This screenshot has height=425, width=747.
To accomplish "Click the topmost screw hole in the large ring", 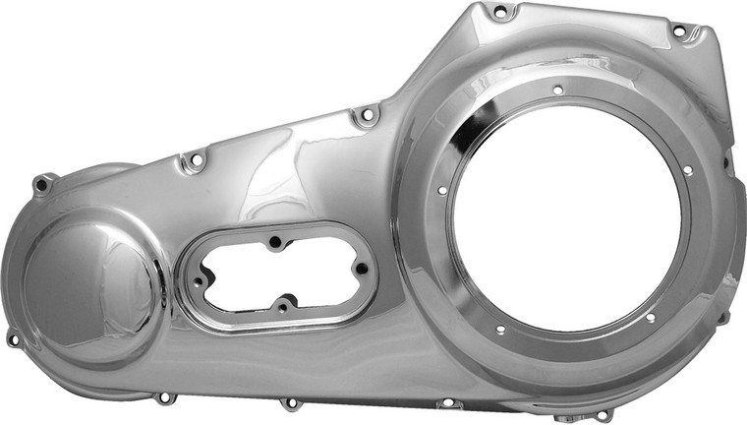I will [x=557, y=90].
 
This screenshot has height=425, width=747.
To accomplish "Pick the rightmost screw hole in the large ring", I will [x=687, y=170].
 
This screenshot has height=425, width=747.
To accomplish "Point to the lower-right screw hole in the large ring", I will [x=650, y=318].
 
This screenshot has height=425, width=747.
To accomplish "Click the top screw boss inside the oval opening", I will [x=276, y=239].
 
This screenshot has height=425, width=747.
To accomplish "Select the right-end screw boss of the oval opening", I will [x=361, y=267].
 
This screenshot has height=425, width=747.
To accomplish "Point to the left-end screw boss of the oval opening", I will [x=198, y=281].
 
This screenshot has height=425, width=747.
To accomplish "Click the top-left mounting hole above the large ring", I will [x=500, y=13].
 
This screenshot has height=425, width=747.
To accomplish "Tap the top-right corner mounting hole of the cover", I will [x=678, y=31].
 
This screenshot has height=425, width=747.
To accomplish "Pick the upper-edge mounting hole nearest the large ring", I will [x=367, y=116].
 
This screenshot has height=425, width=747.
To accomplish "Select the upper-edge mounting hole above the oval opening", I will [x=194, y=159].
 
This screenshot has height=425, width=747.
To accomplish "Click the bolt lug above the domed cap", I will [x=41, y=184].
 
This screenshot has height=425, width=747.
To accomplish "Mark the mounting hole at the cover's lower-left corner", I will [x=13, y=339].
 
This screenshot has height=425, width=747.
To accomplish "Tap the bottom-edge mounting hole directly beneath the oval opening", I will [x=289, y=403].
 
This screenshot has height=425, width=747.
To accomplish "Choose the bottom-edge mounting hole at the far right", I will [x=602, y=415].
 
